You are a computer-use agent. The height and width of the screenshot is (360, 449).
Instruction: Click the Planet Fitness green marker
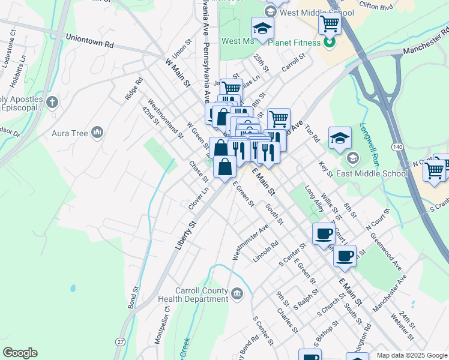(x=329, y=43)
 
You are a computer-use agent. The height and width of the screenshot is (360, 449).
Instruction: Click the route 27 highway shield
(x=121, y=341)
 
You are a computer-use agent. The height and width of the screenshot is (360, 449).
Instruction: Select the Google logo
(x=20, y=353)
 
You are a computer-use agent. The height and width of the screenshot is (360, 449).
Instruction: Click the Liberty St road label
(x=187, y=235)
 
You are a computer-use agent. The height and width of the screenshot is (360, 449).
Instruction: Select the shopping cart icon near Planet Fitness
(x=330, y=24)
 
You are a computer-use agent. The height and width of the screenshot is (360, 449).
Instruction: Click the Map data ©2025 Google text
(x=411, y=355)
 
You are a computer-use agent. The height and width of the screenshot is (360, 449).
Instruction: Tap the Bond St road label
(x=133, y=299)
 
